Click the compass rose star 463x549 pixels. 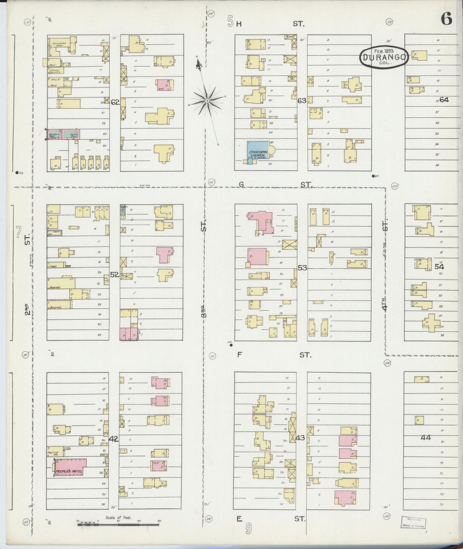tap(207, 101)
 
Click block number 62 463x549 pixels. tap(115, 102)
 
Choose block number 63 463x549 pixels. tap(302, 101)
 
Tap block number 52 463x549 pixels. tap(114, 274)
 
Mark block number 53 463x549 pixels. tap(302, 267)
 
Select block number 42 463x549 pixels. tap(114, 439)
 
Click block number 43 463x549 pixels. tap(300, 438)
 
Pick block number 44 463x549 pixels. tap(426, 438)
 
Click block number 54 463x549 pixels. tap(439, 266)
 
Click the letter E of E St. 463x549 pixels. tap(239, 519)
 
